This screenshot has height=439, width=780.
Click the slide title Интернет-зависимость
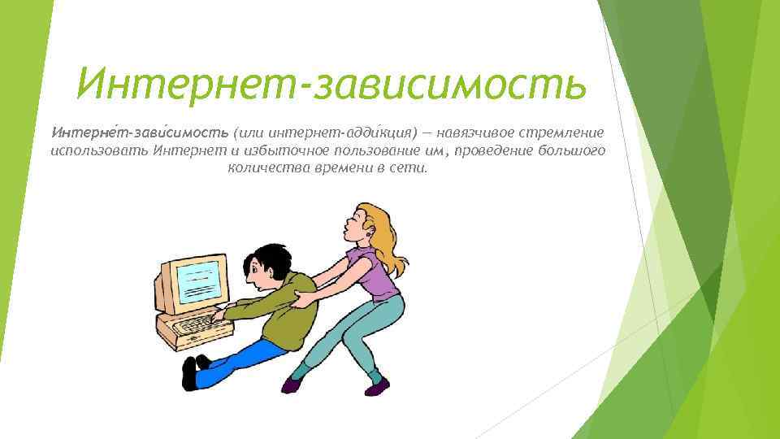tap(331, 83)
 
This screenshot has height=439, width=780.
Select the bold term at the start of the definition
tap(141, 132)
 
